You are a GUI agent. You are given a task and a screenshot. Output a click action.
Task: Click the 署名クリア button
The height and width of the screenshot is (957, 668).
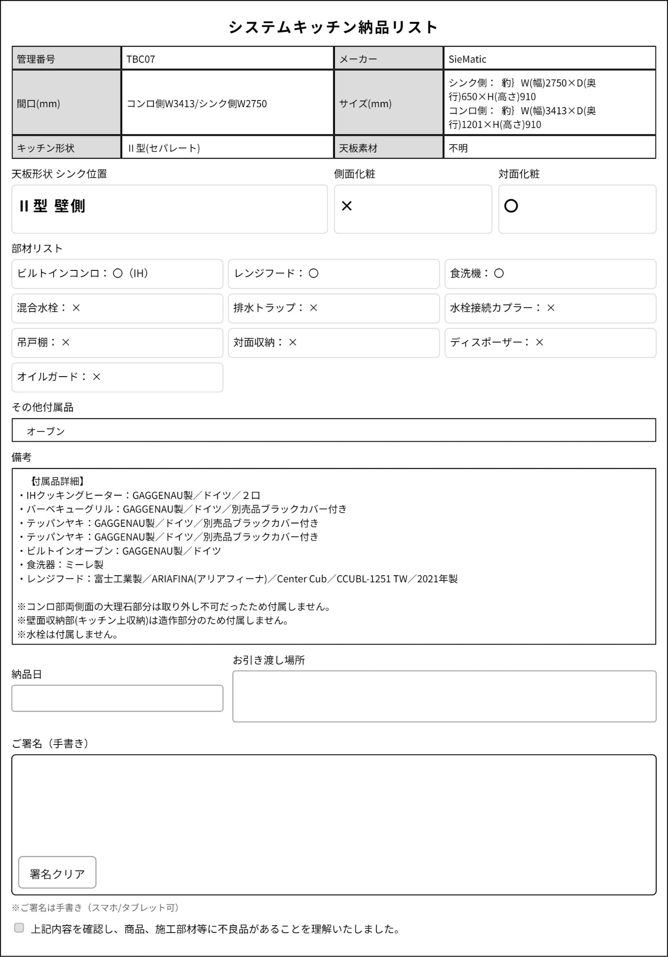coord(57,873)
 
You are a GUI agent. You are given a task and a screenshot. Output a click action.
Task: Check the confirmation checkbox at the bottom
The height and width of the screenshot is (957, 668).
coord(19,928)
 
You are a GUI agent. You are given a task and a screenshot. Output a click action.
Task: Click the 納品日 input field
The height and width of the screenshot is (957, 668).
coord(117,698)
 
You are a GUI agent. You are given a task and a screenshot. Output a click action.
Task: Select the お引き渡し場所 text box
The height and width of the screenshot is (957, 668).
coord(444,696)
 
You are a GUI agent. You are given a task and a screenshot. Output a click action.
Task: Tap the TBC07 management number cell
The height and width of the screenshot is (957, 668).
coord(227,59)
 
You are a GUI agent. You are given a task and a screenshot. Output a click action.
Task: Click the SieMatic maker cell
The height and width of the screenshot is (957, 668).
coord(549,59)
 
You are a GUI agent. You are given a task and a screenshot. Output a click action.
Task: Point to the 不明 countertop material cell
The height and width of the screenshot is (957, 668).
coord(549,148)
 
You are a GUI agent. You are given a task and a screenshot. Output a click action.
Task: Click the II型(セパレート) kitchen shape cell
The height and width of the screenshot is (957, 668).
coord(227,148)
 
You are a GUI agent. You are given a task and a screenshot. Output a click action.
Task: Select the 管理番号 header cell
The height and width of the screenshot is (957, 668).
coord(66,59)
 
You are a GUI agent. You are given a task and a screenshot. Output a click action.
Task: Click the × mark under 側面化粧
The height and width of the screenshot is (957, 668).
coord(347,206)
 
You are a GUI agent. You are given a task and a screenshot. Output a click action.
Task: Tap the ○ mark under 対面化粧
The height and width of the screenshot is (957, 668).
coord(511,206)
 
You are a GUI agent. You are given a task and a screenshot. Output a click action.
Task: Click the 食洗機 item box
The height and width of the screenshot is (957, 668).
coord(550,274)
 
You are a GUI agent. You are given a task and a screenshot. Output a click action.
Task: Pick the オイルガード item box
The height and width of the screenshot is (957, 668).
coord(117,377)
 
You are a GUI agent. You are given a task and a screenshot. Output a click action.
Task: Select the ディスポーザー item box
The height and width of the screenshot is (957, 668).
coord(550,343)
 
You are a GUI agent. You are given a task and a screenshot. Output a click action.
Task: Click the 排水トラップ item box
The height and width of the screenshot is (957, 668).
coord(333,308)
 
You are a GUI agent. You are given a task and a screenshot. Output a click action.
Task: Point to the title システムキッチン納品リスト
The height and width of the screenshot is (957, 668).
coord(333,27)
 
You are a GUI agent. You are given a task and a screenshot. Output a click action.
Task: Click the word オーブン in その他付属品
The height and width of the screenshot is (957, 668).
coord(45,431)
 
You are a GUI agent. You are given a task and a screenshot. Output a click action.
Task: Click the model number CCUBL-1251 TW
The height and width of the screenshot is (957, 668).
coord(372,579)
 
